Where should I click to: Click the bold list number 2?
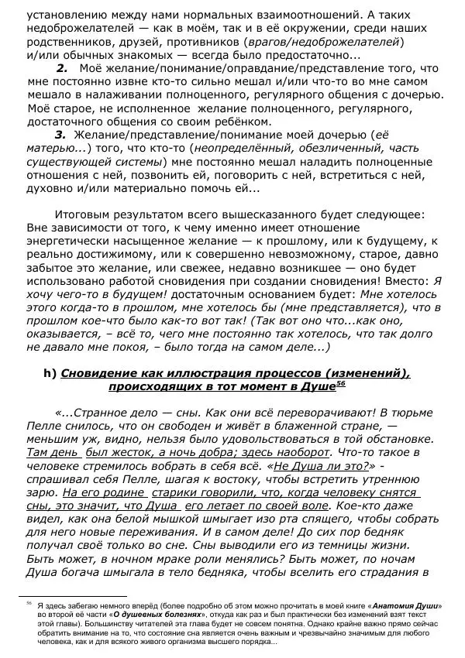click(x=63, y=69)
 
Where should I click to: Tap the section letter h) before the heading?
click(x=50, y=373)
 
